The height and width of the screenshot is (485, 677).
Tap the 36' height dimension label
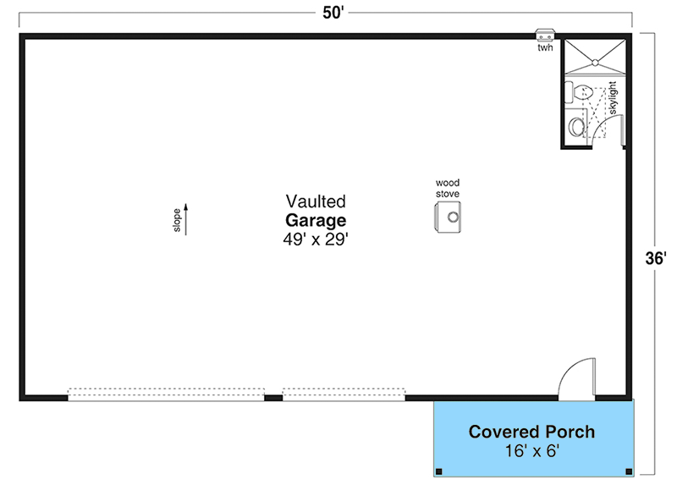click(656, 259)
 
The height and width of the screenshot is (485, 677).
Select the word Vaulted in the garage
click(316, 201)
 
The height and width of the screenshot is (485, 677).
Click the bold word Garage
click(316, 220)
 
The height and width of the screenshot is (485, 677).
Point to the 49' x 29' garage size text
click(316, 240)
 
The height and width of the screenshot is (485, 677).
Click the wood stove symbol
click(449, 218)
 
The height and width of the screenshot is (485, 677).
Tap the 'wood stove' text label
click(448, 188)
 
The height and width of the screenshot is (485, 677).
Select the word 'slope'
click(177, 219)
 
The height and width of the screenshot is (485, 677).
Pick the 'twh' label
click(545, 48)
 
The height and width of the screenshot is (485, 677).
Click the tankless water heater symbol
click(545, 36)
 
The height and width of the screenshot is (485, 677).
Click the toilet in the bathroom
click(581, 91)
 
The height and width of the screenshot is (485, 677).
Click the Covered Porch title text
click(531, 432)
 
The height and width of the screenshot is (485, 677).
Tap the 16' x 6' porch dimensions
click(531, 451)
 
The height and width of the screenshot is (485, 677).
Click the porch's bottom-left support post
click(438, 471)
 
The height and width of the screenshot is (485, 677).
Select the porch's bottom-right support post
click(627, 471)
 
